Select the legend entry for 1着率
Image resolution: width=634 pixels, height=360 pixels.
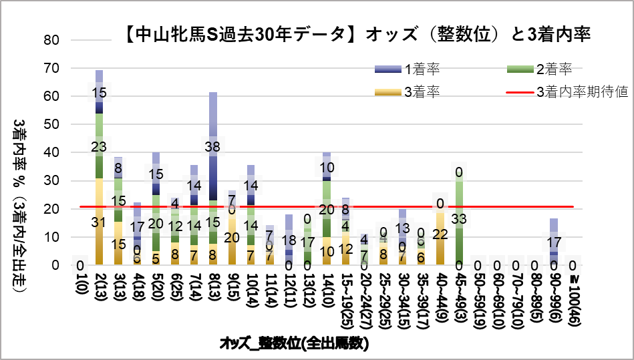pyautogui.click(x=422, y=68)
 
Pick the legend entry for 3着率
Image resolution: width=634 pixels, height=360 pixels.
pyautogui.click(x=422, y=92)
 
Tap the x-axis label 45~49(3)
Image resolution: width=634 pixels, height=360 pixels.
pyautogui.click(x=459, y=295)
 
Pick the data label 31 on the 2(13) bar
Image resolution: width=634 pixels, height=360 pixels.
pyautogui.click(x=99, y=222)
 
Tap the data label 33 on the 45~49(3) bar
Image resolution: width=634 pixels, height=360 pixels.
pyautogui.click(x=459, y=218)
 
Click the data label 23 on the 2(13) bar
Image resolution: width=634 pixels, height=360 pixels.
pyautogui.click(x=99, y=145)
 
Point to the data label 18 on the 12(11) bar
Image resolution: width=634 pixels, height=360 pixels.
pyautogui.click(x=290, y=240)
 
